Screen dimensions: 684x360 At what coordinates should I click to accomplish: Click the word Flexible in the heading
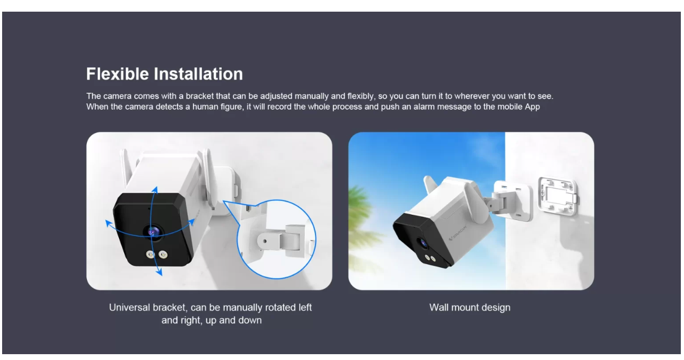[x=117, y=74]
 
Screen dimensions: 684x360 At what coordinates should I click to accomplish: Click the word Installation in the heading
[x=198, y=74]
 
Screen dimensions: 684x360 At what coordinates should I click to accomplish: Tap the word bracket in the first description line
[x=200, y=96]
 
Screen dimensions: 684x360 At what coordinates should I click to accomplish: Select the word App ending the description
[x=532, y=107]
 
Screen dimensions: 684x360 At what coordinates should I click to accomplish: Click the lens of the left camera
[x=154, y=232]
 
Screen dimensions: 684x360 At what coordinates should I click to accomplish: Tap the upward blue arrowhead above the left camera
[x=155, y=190]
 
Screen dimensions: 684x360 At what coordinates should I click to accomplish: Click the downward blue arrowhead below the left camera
[x=159, y=272]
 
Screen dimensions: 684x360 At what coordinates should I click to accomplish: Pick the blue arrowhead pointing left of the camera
[x=109, y=224]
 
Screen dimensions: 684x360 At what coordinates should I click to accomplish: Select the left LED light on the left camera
[x=150, y=254]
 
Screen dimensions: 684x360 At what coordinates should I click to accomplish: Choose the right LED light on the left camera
[x=163, y=254]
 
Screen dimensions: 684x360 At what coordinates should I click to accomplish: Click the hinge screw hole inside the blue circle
[x=265, y=241]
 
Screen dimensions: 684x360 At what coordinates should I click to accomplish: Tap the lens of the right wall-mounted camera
[x=424, y=243]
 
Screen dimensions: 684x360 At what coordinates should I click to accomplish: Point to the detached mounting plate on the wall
[x=558, y=196]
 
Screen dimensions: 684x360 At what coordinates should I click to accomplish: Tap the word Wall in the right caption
[x=439, y=308]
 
